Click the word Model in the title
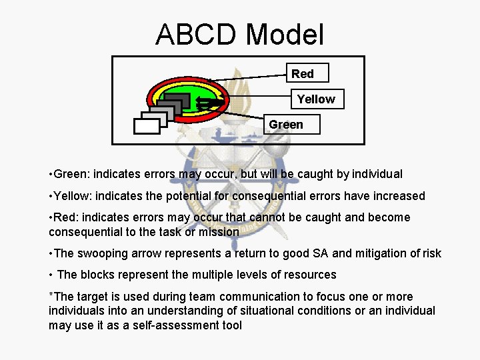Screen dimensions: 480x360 [285, 34]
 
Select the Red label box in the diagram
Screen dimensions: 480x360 [302, 73]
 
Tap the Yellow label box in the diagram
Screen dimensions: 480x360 [316, 99]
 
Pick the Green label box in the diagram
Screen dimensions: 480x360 [285, 125]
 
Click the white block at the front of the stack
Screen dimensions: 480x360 [147, 126]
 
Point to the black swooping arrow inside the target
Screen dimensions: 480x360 [205, 103]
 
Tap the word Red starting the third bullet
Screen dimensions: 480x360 [65, 217]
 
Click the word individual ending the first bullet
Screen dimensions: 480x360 [377, 174]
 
